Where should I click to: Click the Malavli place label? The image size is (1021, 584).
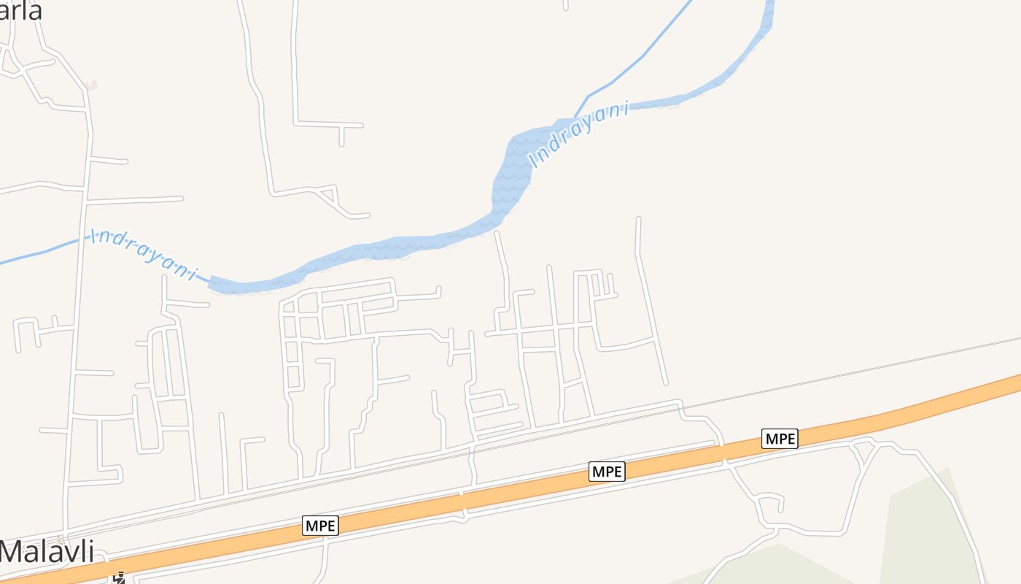pyautogui.click(x=47, y=551)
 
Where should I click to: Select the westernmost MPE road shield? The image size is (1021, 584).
pyautogui.click(x=321, y=526)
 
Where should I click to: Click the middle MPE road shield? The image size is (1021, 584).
pyautogui.click(x=607, y=472)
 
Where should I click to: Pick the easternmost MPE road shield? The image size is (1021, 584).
pyautogui.click(x=780, y=439)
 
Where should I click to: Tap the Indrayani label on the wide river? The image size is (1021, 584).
pyautogui.click(x=581, y=134)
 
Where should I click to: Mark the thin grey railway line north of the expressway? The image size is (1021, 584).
pyautogui.click(x=875, y=365)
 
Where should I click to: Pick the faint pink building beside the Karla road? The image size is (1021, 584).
pyautogui.click(x=90, y=85)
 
